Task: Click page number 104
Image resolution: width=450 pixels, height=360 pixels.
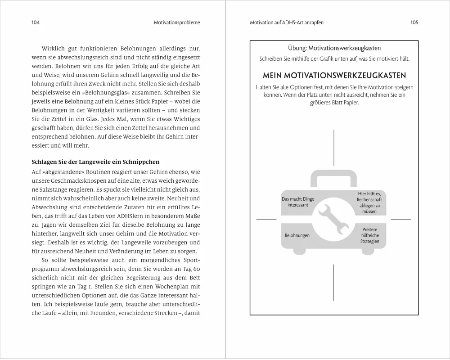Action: point(36,22)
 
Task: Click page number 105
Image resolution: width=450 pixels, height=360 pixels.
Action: point(414,22)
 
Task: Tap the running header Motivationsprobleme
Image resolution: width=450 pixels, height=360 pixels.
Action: point(177,22)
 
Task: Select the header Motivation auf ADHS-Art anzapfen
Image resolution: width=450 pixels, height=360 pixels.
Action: point(287,22)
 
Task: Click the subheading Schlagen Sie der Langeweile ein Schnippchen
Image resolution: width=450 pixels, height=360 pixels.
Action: point(95,162)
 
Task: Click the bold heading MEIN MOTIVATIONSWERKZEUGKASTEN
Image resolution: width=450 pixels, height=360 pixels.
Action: point(333,76)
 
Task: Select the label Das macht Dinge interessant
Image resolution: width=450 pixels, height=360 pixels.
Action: point(298,202)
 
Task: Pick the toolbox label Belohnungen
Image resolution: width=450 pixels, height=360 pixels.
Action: point(297,236)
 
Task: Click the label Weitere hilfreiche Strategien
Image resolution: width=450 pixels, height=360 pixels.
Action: point(369,235)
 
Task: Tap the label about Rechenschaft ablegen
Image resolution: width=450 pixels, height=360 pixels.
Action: point(369,202)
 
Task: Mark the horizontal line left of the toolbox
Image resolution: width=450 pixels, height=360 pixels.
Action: point(266,219)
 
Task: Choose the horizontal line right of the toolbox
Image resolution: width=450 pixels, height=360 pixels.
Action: point(401,219)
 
